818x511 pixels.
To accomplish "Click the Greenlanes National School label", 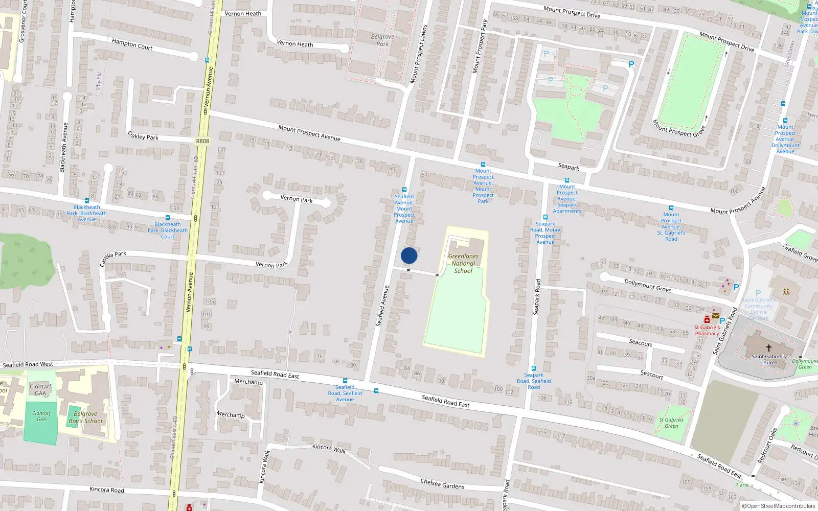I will click(x=463, y=264).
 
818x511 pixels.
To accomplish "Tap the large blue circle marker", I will click(x=409, y=255).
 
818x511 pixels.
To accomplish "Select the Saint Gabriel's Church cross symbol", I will click(x=768, y=347).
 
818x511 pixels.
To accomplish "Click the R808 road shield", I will click(x=202, y=141).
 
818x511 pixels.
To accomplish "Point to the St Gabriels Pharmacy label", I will click(x=707, y=331).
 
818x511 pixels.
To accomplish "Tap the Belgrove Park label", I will click(x=382, y=40).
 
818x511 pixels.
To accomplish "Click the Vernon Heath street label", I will click(x=294, y=44).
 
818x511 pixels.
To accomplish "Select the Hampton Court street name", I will click(x=132, y=44).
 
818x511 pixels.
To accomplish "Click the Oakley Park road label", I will click(x=143, y=136).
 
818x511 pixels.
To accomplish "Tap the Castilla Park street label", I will click(x=113, y=258).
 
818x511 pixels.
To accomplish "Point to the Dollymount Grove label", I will click(x=648, y=286).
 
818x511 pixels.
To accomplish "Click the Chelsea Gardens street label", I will click(x=442, y=483).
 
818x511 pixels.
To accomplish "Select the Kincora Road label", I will click(x=106, y=490).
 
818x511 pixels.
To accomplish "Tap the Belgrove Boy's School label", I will click(x=85, y=417).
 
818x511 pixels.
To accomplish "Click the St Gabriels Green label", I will click(x=671, y=423).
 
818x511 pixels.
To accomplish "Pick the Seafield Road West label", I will click(x=28, y=364).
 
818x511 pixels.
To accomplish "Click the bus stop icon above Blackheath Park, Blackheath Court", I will click(x=167, y=218).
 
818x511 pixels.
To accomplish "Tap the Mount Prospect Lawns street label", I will click(x=418, y=54).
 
